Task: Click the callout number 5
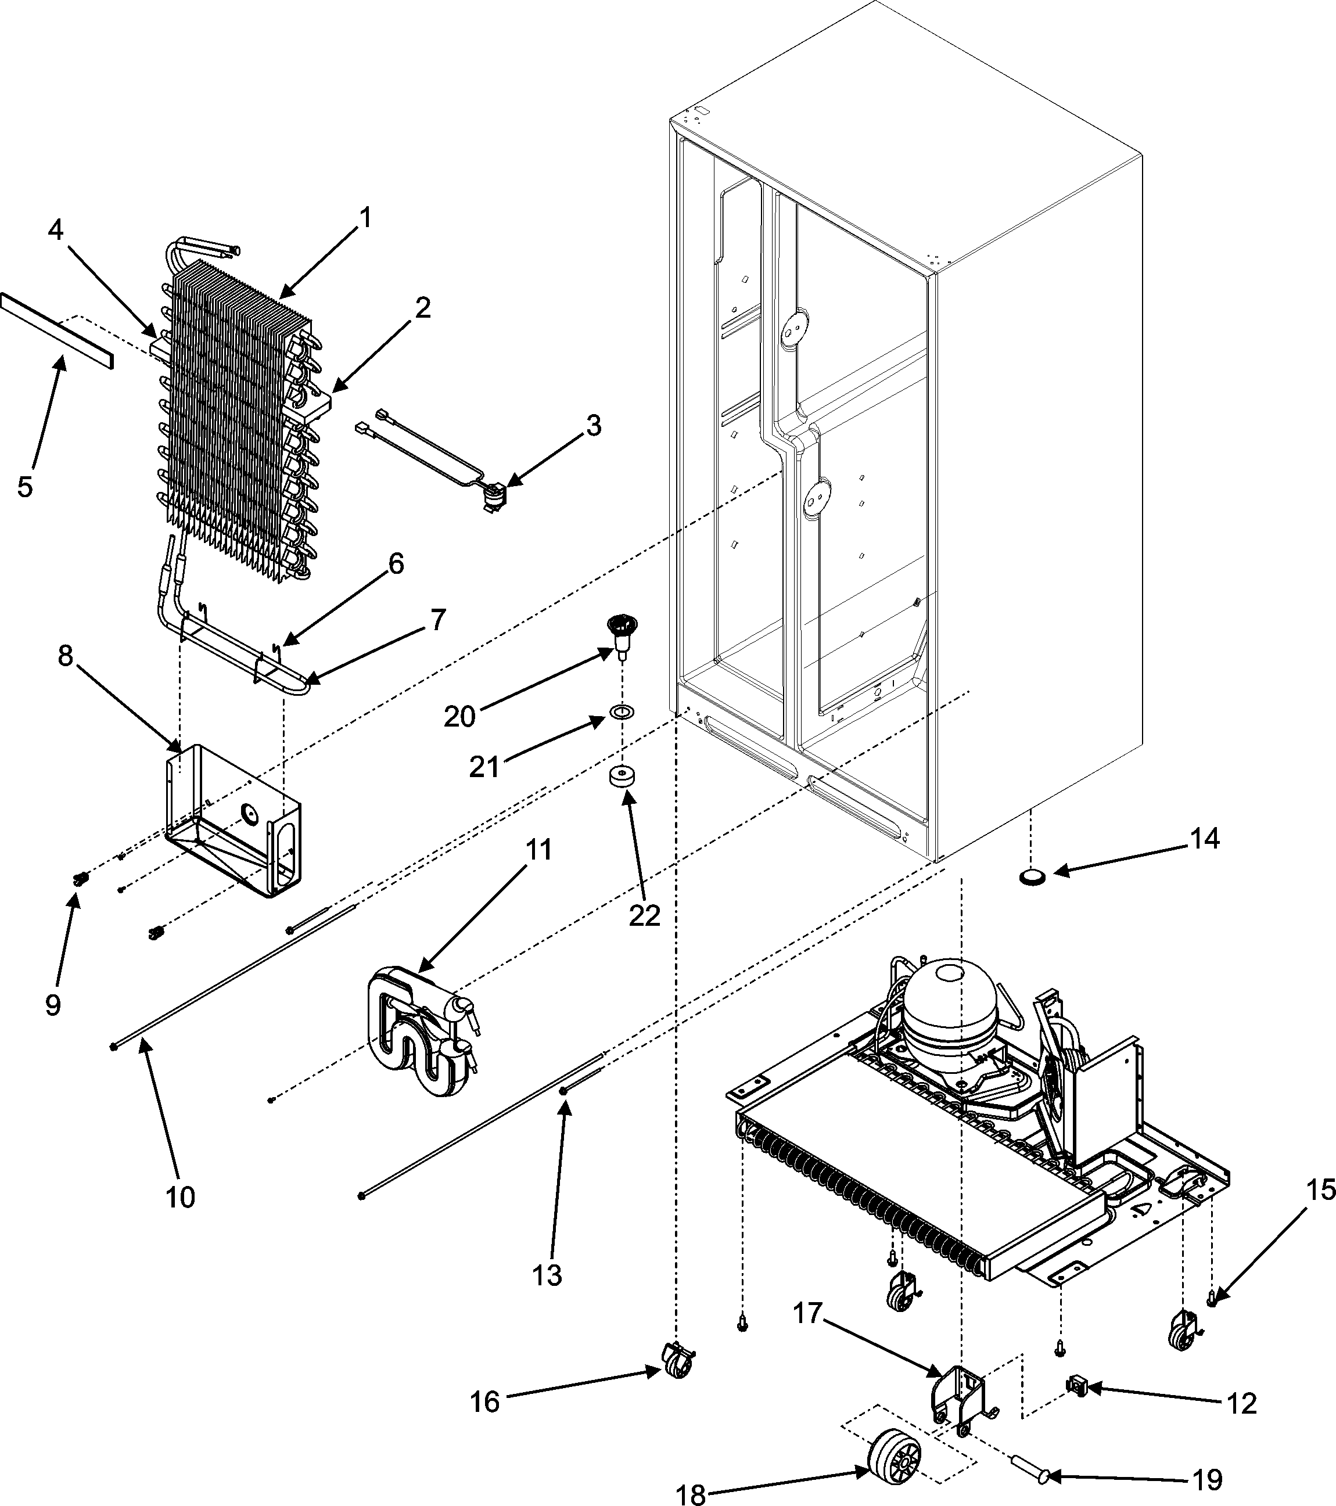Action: (26, 486)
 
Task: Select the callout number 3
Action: (593, 425)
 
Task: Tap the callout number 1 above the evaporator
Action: (364, 219)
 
